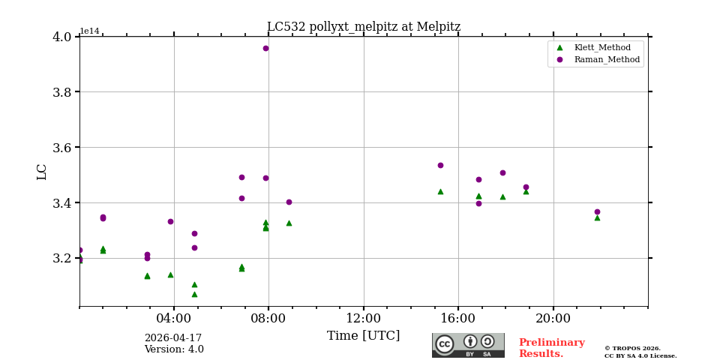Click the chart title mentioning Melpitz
tap(364, 27)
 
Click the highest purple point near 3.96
tap(265, 48)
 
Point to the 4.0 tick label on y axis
tap(62, 37)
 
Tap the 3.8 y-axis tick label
tap(62, 92)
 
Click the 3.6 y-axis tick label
tap(62, 148)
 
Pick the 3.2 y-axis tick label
tap(62, 258)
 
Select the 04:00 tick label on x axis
tap(174, 317)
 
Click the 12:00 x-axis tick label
tap(364, 317)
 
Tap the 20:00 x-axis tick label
tap(553, 317)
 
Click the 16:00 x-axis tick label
tap(458, 317)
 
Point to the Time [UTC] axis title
tap(364, 336)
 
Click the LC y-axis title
tap(42, 172)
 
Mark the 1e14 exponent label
tap(89, 31)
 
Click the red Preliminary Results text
tap(551, 348)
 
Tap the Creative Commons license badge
tap(468, 345)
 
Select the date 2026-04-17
tap(173, 338)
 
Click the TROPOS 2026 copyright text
tap(632, 349)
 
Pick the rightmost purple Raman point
tap(597, 211)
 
